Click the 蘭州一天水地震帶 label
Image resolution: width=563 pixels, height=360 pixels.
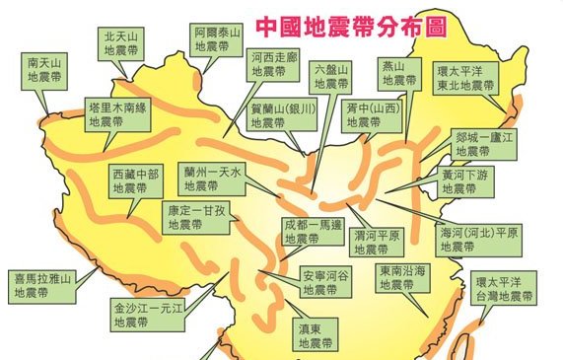point(218,178)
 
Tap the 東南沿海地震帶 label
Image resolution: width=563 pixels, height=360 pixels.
point(402,277)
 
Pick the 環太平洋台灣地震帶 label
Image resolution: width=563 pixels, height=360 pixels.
point(502,287)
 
